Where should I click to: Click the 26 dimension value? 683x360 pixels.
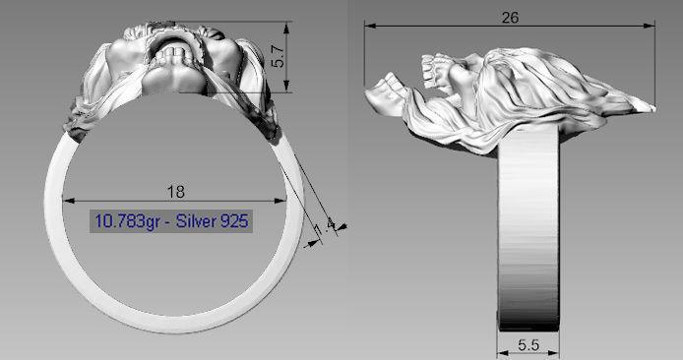pyautogui.click(x=510, y=18)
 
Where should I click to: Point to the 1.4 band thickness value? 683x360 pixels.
pyautogui.click(x=321, y=227)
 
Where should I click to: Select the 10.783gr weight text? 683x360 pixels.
pyautogui.click(x=126, y=219)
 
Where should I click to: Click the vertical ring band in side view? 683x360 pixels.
pyautogui.click(x=528, y=236)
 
